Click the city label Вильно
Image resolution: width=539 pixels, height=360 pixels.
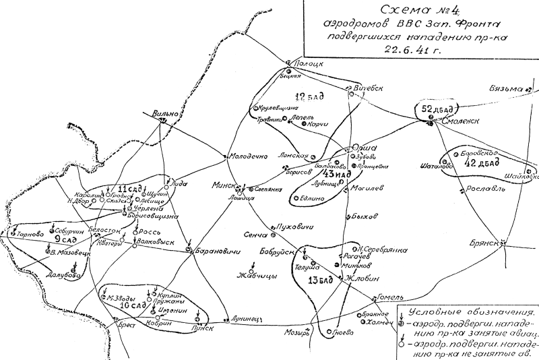165,113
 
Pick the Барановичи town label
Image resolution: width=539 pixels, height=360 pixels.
215,253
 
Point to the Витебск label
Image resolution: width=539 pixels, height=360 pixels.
368,88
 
